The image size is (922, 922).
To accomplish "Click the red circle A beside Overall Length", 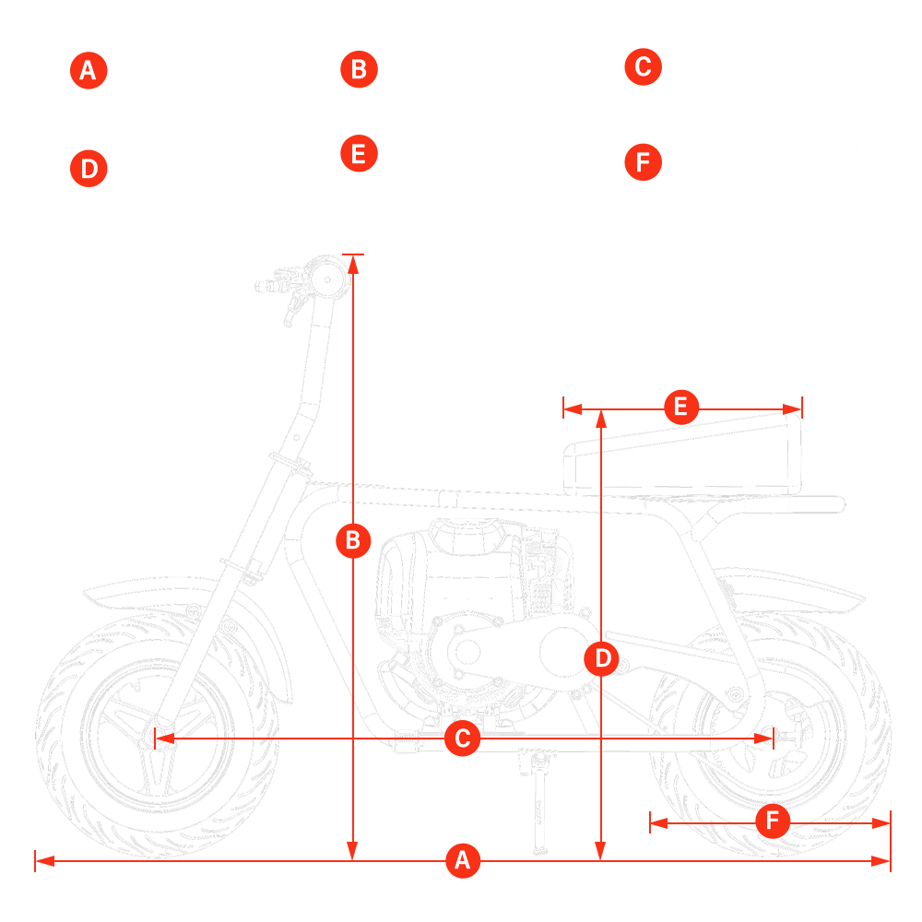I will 88,71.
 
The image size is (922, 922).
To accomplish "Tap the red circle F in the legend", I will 642,163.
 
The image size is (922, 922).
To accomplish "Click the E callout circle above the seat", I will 680,407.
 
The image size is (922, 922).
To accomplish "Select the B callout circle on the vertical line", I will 352,541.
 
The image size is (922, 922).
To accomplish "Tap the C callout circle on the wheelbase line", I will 463,738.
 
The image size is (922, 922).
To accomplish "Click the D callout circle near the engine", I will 602,658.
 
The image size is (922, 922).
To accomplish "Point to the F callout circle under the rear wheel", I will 773,821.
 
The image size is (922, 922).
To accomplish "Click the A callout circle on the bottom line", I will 463,861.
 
